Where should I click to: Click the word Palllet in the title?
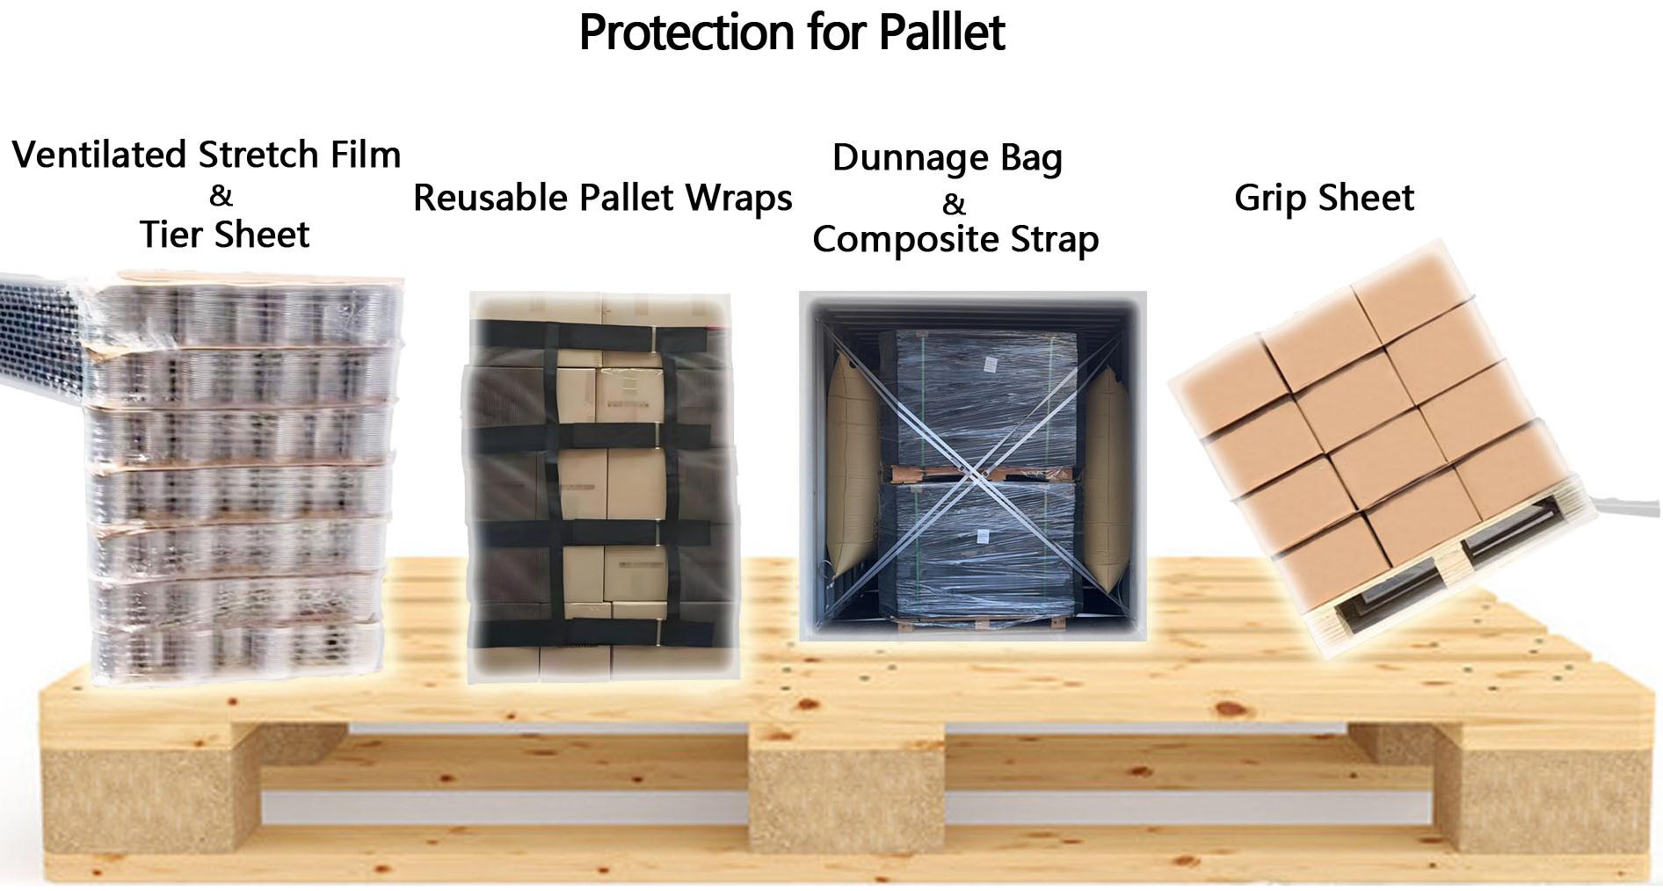[941, 33]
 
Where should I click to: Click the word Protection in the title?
[687, 33]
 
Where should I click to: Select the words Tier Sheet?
[224, 235]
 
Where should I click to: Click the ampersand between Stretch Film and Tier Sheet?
[221, 195]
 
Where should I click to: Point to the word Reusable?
[490, 198]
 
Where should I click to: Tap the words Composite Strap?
[955, 240]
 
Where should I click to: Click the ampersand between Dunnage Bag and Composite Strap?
[954, 203]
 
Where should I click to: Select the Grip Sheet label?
[1324, 198]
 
